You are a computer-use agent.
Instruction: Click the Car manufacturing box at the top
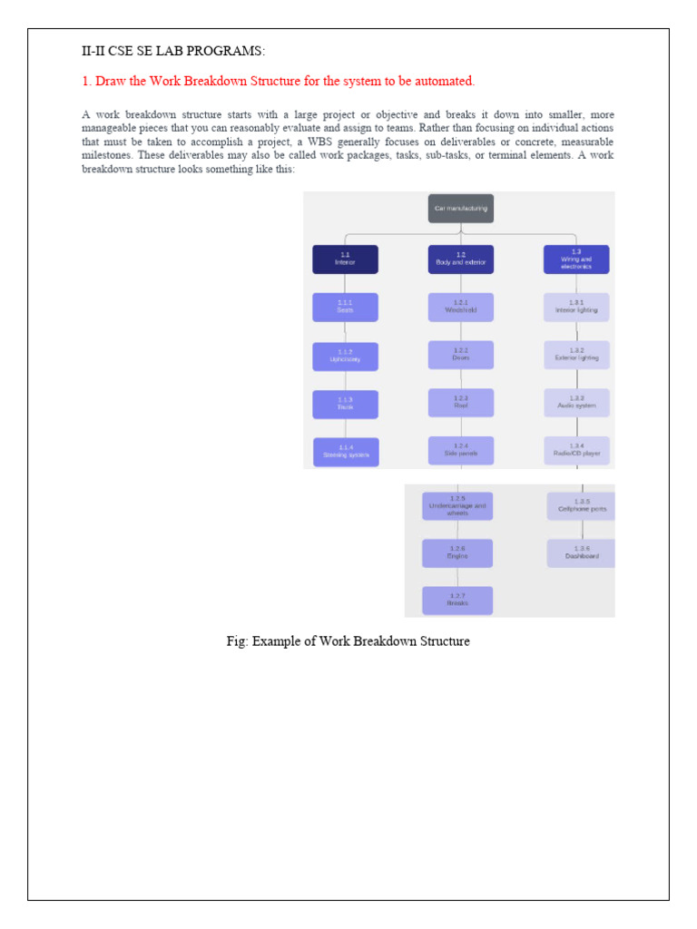pos(461,208)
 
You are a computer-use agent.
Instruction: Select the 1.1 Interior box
pos(345,259)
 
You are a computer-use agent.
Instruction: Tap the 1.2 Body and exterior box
pos(461,259)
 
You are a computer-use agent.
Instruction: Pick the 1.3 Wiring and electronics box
pos(576,259)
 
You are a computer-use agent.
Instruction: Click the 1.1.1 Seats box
pos(345,308)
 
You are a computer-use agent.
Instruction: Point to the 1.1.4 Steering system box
pos(346,452)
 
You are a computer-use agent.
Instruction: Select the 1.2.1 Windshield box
pos(461,308)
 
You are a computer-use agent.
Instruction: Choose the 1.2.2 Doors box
pos(461,355)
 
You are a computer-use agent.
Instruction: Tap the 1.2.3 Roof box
pos(461,403)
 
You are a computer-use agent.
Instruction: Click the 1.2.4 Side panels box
pos(461,451)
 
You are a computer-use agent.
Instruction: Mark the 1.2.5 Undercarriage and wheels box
pos(457,506)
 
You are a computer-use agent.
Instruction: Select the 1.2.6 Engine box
pos(457,553)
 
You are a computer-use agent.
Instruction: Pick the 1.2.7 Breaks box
pos(457,601)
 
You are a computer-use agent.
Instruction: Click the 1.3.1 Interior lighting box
pos(576,308)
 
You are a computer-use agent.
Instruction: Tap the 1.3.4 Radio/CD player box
pos(576,451)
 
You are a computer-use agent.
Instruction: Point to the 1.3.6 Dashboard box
pos(582,553)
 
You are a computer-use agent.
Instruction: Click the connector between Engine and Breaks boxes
pos(457,577)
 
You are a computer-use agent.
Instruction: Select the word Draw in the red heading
pos(110,82)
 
